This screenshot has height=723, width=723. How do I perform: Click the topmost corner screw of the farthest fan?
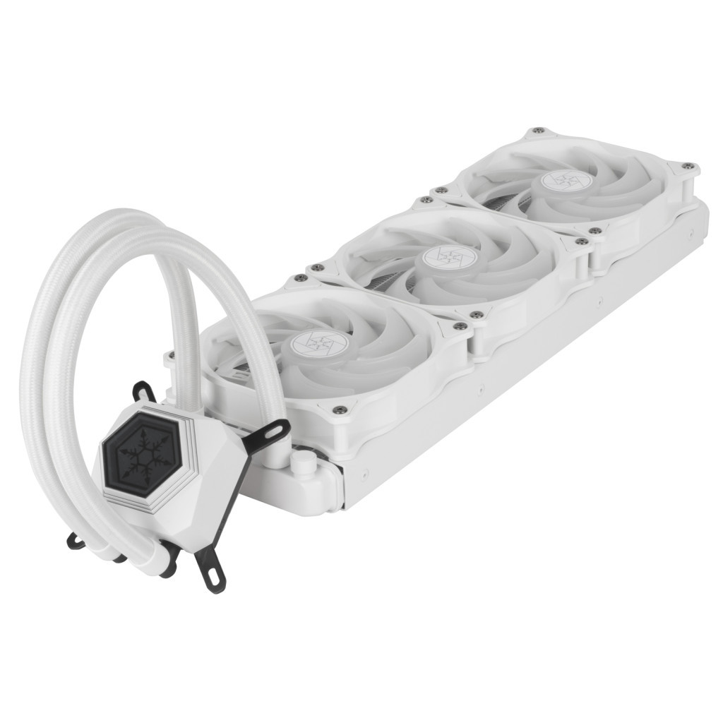tap(538, 131)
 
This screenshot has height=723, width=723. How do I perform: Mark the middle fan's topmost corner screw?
tap(426, 201)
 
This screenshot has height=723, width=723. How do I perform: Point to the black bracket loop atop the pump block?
tap(144, 390)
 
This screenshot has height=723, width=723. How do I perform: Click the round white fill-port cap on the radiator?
tap(303, 463)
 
